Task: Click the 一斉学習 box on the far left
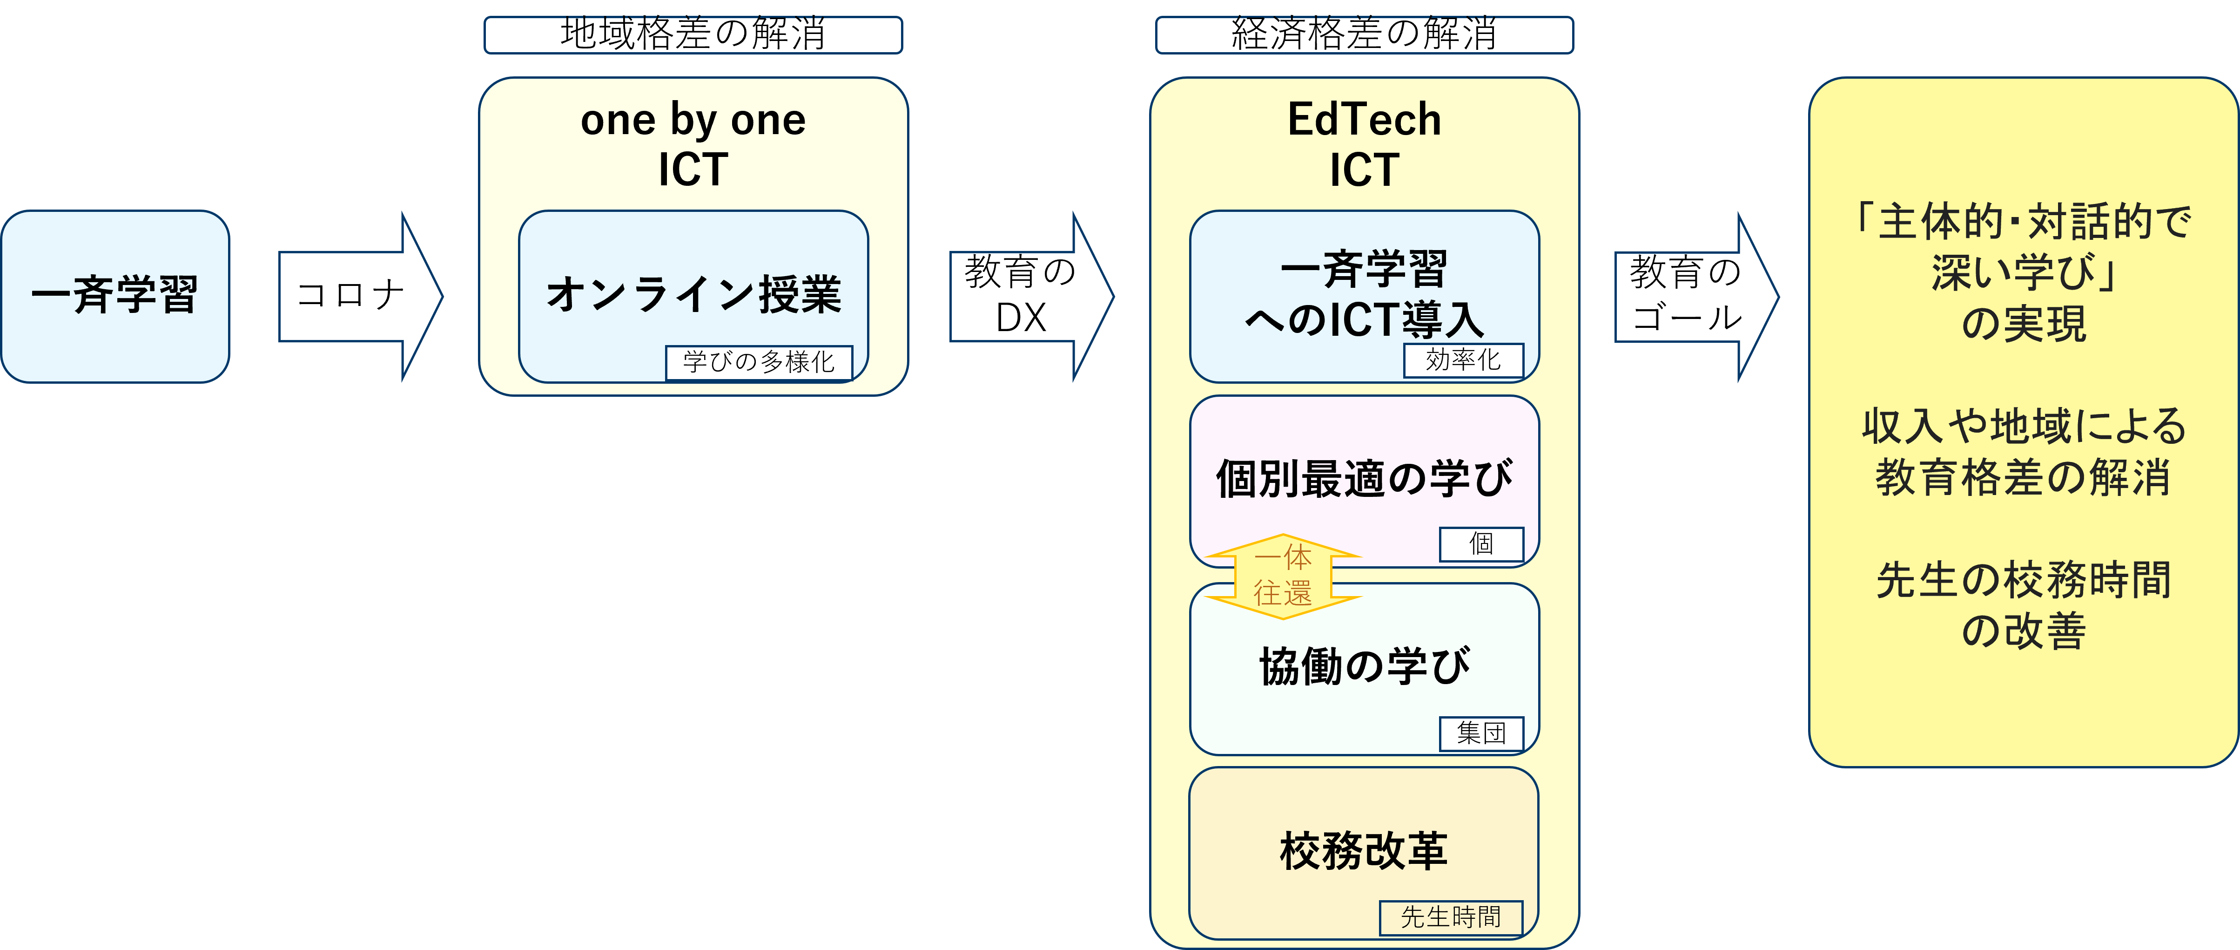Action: [115, 296]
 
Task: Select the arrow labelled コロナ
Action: [360, 296]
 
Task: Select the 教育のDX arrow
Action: [1031, 296]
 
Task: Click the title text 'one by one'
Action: [693, 120]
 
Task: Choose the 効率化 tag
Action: [1464, 360]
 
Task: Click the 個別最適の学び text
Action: [1365, 478]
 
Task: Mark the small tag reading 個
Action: [1482, 544]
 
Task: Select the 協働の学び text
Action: [1365, 665]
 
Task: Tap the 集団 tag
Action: [1482, 733]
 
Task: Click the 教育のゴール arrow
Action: [1696, 296]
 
